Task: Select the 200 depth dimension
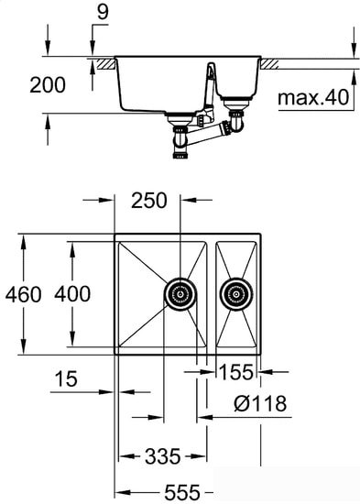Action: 47,85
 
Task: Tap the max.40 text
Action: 313,96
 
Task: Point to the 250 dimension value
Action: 148,200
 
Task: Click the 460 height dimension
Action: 21,294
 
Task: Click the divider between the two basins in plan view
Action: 212,294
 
